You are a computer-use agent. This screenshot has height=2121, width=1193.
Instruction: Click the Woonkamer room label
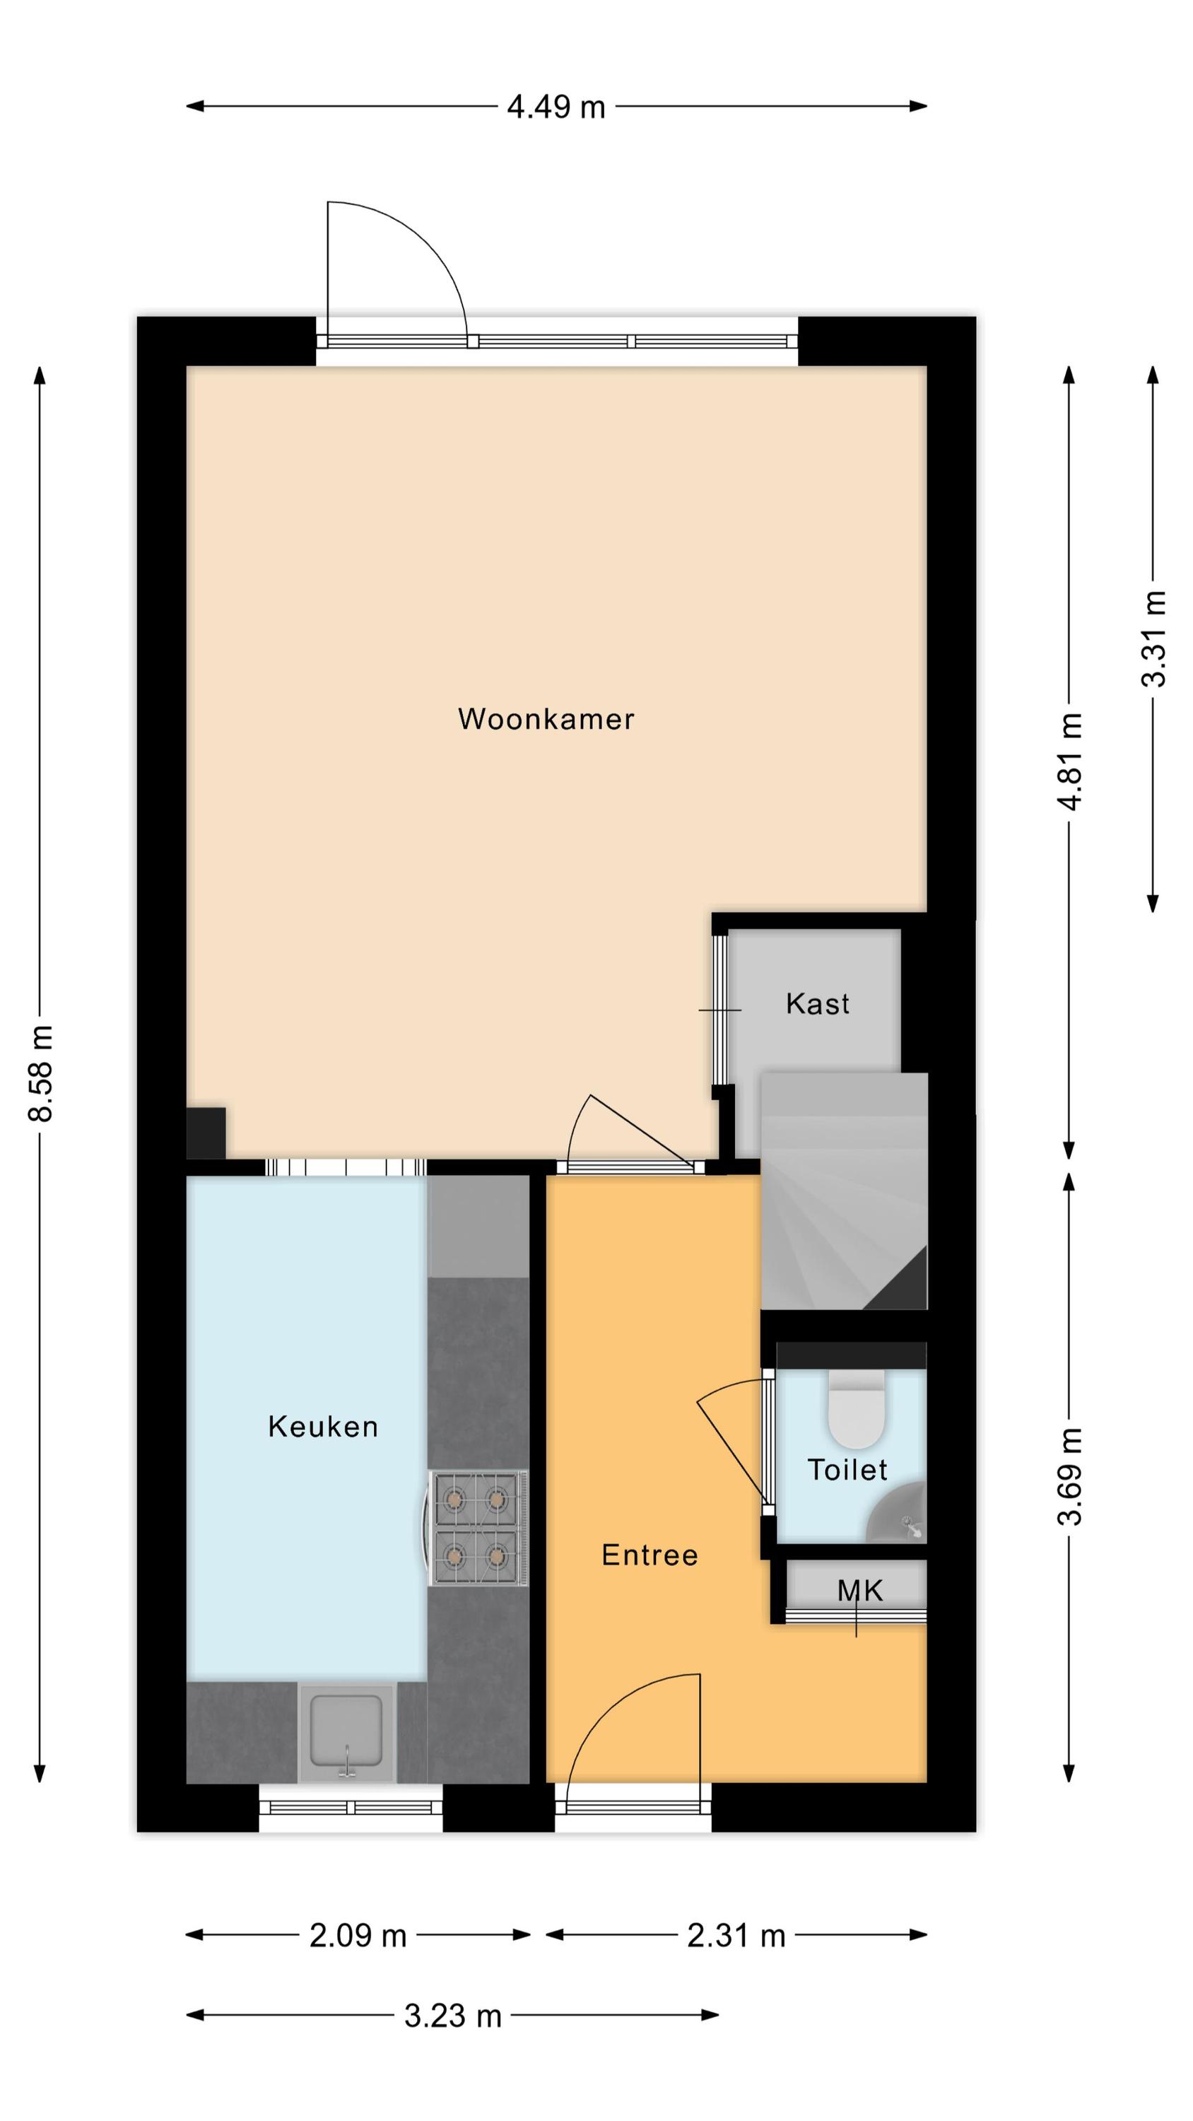click(546, 719)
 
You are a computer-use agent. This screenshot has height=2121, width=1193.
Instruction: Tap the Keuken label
click(323, 1426)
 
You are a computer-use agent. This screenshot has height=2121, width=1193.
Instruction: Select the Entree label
click(650, 1555)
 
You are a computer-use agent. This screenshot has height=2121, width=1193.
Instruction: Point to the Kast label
click(818, 1004)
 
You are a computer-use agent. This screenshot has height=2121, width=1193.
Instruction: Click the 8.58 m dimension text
click(40, 1073)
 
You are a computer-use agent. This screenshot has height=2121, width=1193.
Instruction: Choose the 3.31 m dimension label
click(1153, 639)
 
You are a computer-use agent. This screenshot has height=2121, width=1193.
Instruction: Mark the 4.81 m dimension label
click(1069, 761)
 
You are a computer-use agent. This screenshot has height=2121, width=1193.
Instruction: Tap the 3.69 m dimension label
click(1069, 1476)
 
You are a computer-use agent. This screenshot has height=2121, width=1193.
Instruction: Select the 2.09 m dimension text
click(358, 1935)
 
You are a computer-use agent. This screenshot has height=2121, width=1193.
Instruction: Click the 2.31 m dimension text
click(736, 1935)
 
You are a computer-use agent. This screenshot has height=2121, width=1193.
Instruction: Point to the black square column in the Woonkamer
click(206, 1133)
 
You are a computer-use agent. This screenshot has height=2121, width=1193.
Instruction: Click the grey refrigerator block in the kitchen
click(478, 1226)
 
